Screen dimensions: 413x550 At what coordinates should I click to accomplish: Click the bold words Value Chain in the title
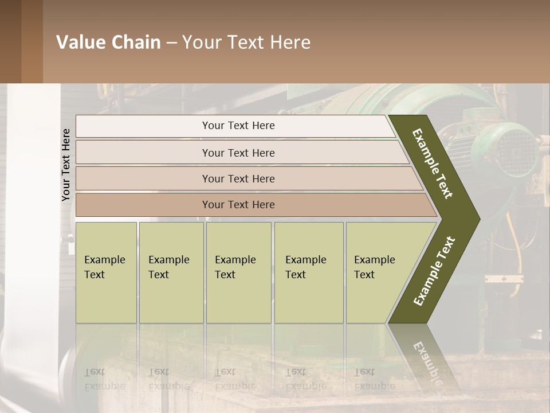108,42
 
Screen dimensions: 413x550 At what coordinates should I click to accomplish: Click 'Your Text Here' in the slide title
246,42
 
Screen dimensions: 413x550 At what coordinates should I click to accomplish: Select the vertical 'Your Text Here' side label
66,165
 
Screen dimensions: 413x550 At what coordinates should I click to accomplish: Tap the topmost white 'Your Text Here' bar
238,126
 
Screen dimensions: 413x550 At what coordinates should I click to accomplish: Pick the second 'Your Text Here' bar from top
238,153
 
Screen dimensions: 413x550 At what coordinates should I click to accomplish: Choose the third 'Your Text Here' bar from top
238,178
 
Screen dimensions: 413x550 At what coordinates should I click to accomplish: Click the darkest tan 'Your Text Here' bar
238,205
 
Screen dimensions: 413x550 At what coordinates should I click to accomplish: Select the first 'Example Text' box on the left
106,272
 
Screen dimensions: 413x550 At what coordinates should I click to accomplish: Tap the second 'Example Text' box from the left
171,272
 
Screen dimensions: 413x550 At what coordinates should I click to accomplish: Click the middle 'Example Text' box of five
238,272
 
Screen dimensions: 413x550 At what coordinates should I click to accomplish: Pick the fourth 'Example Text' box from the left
308,272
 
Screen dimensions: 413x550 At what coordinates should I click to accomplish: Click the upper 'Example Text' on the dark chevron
433,163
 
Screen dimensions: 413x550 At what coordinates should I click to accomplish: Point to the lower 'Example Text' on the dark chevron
434,271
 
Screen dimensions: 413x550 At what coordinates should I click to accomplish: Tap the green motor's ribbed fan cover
516,152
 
